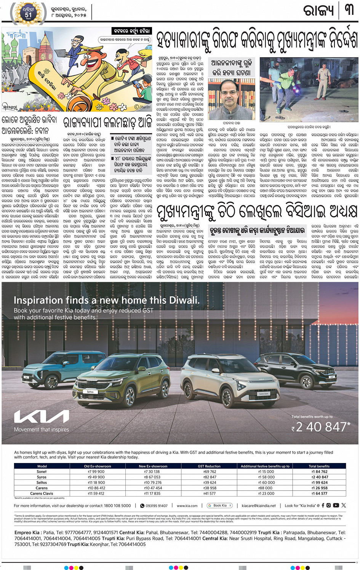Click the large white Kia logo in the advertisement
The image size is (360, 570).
42,417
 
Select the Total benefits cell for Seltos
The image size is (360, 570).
319,482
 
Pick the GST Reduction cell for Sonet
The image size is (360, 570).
210,471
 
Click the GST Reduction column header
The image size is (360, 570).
209,466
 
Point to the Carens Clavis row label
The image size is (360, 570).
42,493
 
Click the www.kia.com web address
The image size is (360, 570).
187,506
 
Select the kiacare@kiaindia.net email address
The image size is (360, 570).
259,506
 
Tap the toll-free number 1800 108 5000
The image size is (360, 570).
117,506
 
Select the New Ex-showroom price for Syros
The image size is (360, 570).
152,477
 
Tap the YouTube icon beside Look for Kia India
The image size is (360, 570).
336,505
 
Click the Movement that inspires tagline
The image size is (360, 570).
42,429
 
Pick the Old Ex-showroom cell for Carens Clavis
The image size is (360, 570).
96,493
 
